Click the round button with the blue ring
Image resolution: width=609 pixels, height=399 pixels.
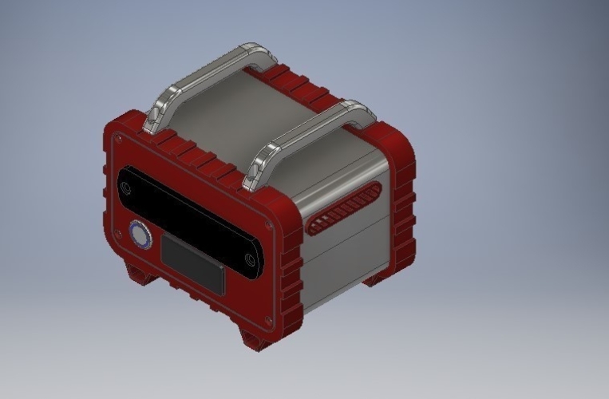(x=140, y=235)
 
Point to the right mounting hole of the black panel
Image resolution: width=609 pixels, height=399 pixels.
(x=251, y=260)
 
